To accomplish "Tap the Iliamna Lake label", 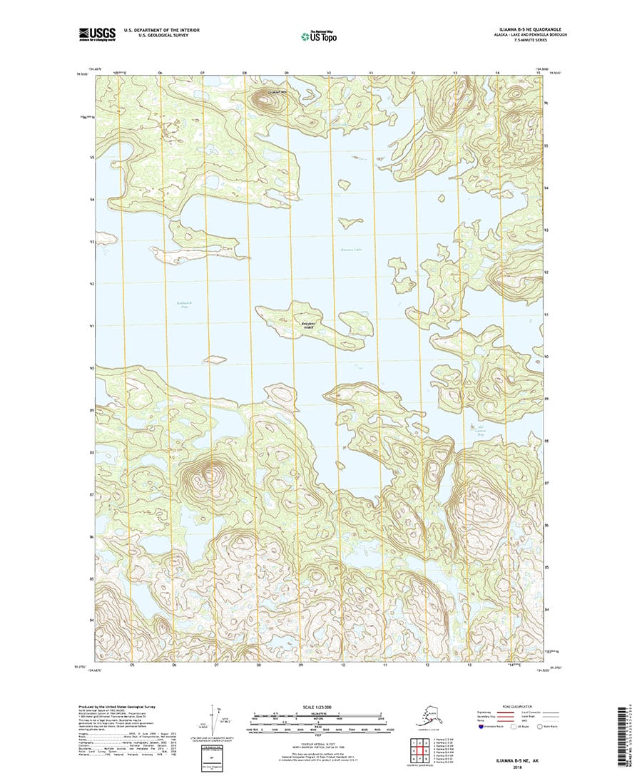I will click(x=352, y=250).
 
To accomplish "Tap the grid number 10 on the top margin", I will click(x=329, y=73).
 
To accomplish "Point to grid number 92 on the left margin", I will click(x=92, y=284).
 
